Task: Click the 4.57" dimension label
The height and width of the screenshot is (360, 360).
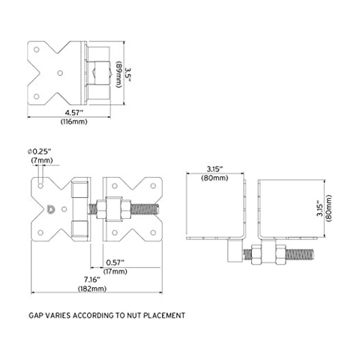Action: click(73, 112)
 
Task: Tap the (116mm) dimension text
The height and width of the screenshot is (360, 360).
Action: click(74, 121)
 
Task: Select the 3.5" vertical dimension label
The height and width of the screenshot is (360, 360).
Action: click(128, 74)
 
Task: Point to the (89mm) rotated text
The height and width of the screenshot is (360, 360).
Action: click(118, 74)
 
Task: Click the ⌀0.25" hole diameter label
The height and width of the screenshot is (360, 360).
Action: click(40, 151)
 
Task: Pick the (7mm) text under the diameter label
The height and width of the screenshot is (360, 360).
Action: click(42, 160)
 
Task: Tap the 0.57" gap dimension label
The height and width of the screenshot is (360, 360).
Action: click(115, 262)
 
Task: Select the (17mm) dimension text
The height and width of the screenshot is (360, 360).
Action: click(115, 271)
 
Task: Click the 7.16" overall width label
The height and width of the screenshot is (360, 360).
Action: click(92, 279)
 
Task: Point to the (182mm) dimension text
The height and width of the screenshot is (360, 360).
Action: click(92, 289)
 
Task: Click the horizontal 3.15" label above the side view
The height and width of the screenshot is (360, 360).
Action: click(214, 169)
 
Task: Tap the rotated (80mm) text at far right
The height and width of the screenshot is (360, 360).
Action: click(329, 208)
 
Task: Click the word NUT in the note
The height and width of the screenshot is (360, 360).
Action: click(134, 315)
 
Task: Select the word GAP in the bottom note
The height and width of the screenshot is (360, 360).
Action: click(34, 315)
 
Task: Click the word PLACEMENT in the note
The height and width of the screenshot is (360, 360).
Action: click(164, 315)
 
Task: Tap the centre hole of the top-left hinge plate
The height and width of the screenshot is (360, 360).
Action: click(60, 73)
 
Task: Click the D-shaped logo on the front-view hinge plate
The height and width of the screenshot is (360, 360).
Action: click(51, 209)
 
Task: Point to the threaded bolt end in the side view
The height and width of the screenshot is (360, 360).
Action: click(299, 254)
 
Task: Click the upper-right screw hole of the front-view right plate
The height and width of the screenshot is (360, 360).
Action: click(153, 186)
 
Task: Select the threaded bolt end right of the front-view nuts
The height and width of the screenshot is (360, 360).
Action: click(145, 209)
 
